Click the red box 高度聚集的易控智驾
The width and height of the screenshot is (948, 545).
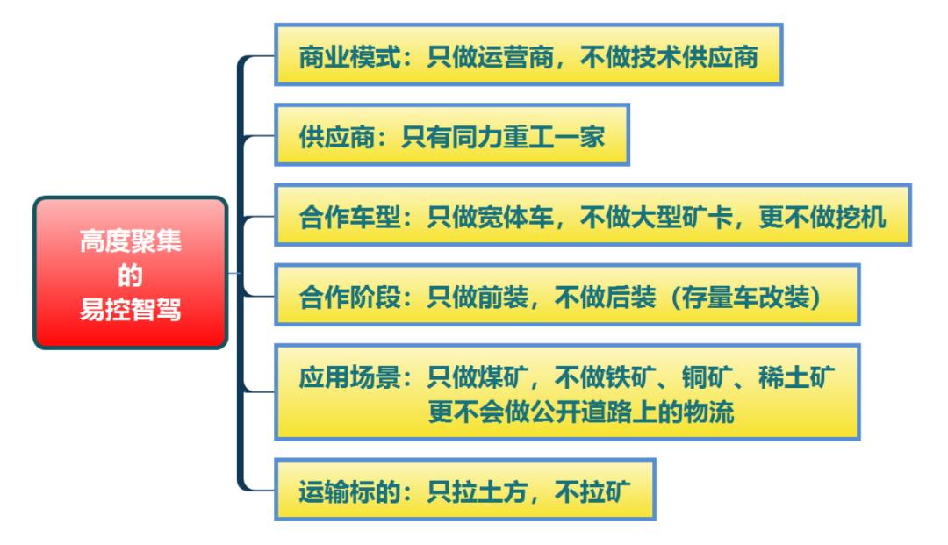pos(130,273)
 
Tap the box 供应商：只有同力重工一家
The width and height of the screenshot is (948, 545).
pos(452,136)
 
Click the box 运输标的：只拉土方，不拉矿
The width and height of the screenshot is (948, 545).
pos(465,489)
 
